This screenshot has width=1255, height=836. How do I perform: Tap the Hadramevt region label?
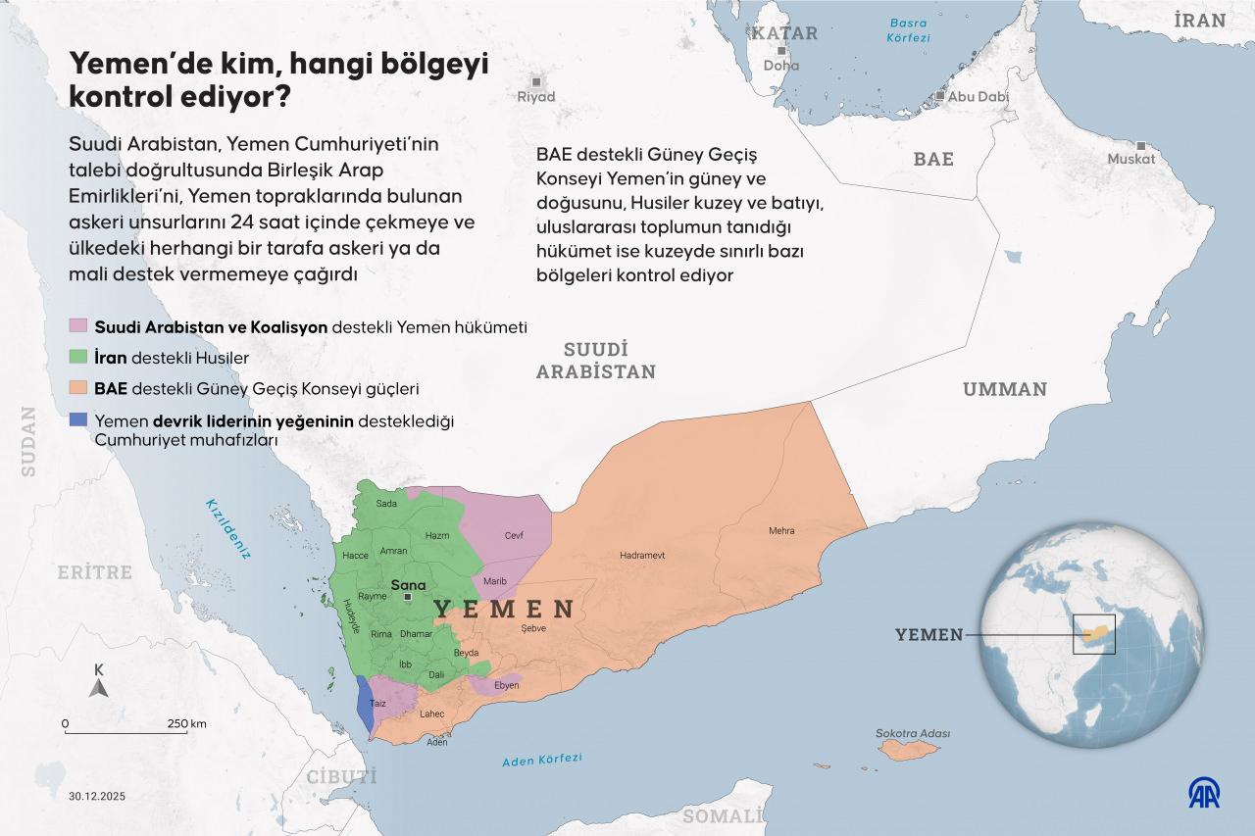tap(642, 555)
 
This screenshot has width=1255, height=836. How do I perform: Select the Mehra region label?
tap(781, 530)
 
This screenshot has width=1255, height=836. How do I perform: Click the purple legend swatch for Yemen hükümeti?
tap(78, 326)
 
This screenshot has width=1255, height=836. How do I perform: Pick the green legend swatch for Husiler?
tap(78, 357)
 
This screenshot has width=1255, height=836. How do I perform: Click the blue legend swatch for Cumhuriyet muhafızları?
tap(78, 421)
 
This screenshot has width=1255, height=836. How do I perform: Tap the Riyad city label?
tap(536, 97)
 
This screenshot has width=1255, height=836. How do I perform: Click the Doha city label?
tap(781, 66)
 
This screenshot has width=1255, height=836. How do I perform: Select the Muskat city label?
tap(1131, 159)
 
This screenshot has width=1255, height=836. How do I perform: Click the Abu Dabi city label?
tap(979, 97)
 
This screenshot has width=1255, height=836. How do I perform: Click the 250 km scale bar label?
tap(185, 724)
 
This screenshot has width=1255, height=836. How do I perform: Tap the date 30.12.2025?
tap(97, 795)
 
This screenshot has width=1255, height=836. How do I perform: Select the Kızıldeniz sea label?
tap(227, 528)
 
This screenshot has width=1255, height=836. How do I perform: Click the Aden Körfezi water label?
tap(541, 760)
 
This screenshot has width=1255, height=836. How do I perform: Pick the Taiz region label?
tap(378, 704)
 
